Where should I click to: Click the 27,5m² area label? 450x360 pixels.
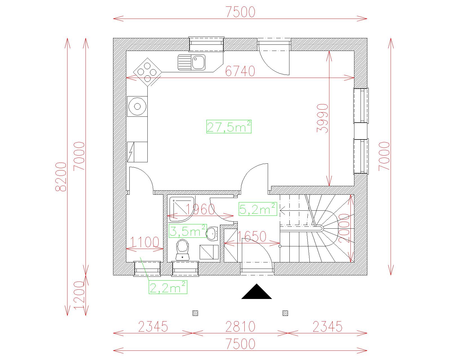tap(229, 127)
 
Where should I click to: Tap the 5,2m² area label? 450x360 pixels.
tap(258, 209)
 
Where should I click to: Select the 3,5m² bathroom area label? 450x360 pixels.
tap(188, 231)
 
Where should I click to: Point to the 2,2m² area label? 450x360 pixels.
tap(168, 287)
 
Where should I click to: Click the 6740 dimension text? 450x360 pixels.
tap(240, 71)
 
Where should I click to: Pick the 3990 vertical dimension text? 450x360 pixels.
tap(322, 118)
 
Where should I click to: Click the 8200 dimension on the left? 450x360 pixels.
tap(61, 177)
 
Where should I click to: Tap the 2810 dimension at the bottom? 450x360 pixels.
tap(240, 327)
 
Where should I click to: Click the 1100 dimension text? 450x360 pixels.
tap(145, 242)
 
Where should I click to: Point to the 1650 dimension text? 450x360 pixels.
tap(252, 236)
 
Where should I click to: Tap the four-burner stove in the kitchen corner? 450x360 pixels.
tap(147, 72)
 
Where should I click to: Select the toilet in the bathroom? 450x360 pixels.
tap(183, 249)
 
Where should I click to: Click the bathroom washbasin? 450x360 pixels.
tap(212, 234)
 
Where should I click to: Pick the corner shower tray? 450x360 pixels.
tap(181, 209)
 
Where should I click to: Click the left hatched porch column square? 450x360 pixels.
tap(195, 313)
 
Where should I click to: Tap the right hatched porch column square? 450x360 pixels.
tap(285, 313)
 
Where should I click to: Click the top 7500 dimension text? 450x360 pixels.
tap(240, 12)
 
